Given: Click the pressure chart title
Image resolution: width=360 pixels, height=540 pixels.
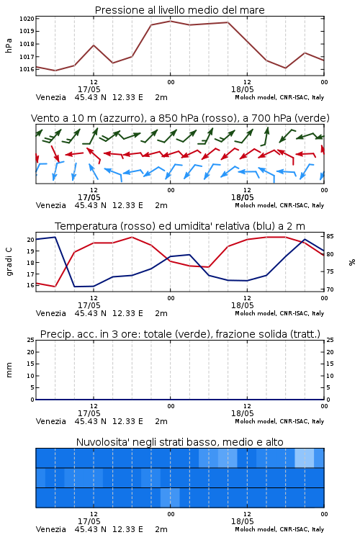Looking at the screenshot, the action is click(179, 10).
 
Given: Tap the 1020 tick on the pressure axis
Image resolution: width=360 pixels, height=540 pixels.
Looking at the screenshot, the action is click(27, 19).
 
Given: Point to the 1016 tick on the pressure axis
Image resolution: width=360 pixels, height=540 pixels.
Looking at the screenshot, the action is click(27, 69).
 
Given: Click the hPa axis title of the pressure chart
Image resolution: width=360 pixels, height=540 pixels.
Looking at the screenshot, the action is click(9, 45).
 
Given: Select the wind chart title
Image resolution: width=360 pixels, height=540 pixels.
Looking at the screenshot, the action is click(180, 118).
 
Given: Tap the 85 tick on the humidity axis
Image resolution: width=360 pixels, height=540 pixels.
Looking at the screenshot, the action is click(330, 236).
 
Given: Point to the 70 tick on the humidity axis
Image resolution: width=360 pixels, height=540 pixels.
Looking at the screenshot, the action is click(330, 289).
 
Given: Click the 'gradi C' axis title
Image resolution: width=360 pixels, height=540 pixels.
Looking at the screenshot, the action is click(9, 262).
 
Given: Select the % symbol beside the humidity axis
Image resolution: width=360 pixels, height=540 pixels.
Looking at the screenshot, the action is click(352, 262).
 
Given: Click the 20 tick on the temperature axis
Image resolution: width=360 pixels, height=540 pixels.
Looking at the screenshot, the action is click(31, 240).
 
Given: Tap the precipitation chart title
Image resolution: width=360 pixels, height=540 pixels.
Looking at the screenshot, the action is click(180, 334).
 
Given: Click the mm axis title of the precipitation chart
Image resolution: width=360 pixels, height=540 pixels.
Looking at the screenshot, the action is click(9, 370).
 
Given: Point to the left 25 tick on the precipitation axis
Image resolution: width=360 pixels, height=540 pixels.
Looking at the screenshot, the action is click(31, 340).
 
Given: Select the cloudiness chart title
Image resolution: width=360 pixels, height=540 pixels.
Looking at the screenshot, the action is click(179, 442).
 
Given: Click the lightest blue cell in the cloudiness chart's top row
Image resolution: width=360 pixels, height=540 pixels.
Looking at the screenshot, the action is click(305, 458).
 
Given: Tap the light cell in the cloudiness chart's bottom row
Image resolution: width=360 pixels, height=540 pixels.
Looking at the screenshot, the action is click(170, 498).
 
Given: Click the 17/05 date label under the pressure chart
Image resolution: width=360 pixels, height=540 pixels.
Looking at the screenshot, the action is click(89, 89).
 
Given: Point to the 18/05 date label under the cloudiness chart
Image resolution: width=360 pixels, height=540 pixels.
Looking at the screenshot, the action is click(242, 521).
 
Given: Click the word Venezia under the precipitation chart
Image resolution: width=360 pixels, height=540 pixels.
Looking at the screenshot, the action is click(50, 421).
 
